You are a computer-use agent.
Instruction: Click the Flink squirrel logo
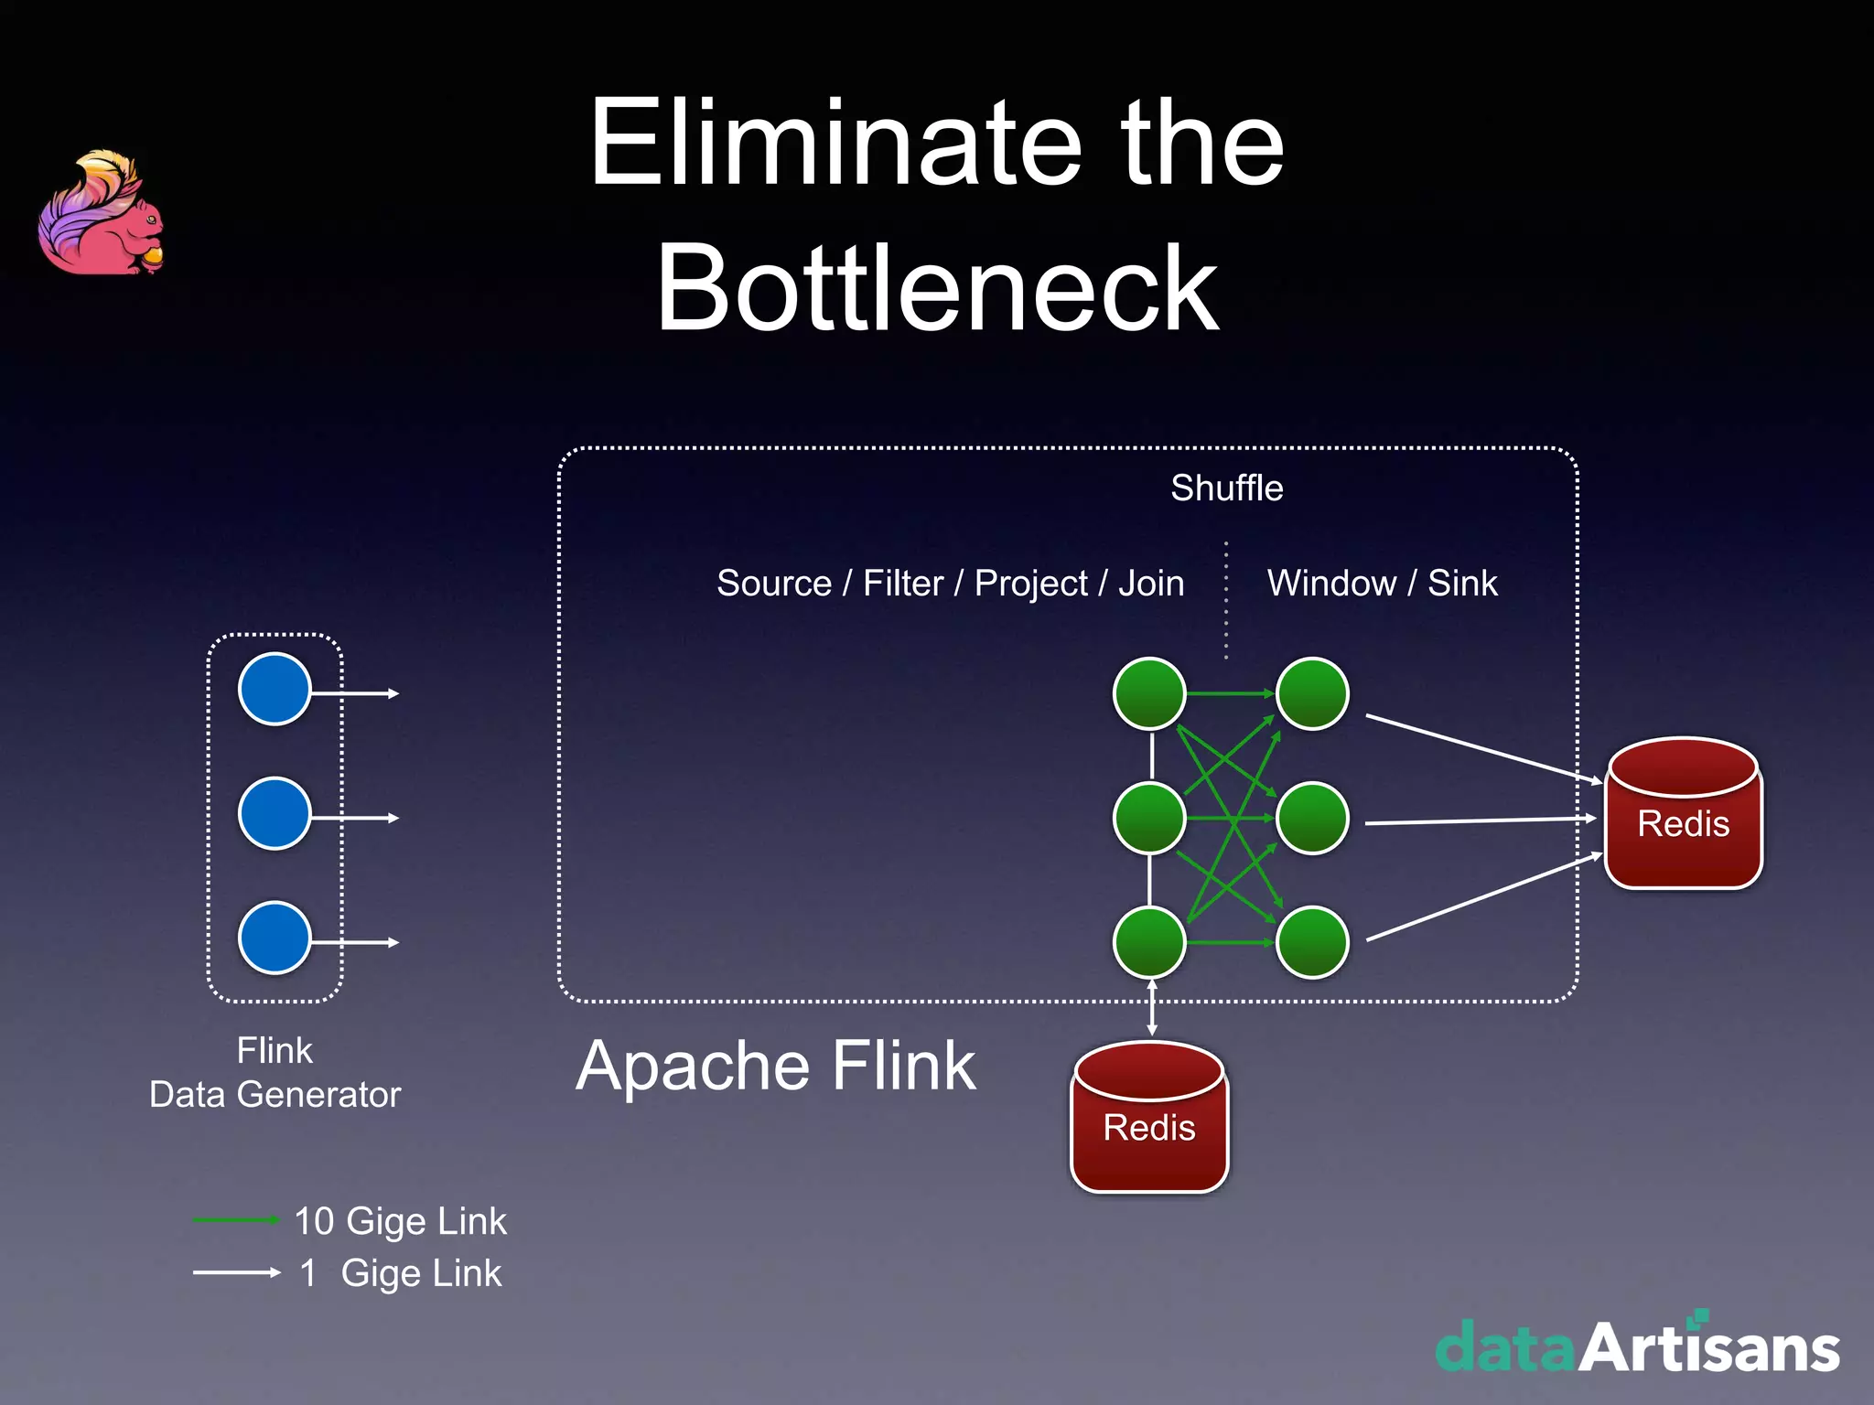pos(101,214)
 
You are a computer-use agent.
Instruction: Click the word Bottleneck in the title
pos(938,289)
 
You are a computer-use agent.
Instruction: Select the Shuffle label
pos(1226,488)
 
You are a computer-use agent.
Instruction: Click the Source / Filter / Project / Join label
pos(950,584)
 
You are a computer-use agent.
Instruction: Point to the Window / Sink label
pos(1382,584)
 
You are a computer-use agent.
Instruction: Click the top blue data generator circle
pos(275,689)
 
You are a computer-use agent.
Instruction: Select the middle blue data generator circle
pos(275,813)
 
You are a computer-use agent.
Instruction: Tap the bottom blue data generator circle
pos(275,938)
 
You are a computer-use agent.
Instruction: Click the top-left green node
pos(1149,693)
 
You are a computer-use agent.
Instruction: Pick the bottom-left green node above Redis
pos(1149,942)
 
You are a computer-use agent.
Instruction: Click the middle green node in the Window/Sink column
pos(1312,818)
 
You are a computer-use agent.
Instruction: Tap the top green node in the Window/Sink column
pos(1312,693)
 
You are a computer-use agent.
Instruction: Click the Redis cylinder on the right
pos(1684,814)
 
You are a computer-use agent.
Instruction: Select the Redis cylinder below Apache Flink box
pos(1149,1118)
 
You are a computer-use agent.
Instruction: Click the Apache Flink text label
pos(776,1067)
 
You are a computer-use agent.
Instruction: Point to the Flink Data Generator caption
pos(275,1072)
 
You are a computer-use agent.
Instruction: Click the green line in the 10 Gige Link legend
pos(235,1220)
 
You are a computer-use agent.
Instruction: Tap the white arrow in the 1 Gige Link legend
pos(236,1272)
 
